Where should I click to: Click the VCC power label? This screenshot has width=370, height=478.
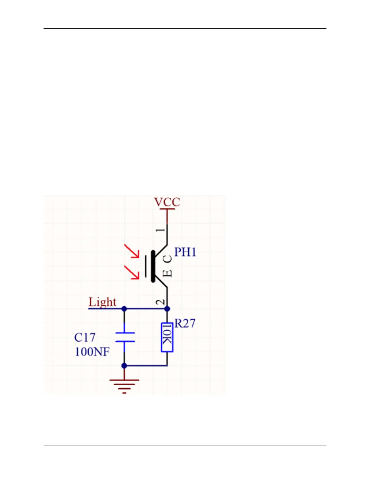[167, 202]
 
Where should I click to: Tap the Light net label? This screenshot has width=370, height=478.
[102, 302]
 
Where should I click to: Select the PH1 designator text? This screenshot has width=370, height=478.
[185, 252]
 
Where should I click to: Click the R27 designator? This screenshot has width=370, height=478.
[185, 323]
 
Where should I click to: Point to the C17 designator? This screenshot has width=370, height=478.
[85, 337]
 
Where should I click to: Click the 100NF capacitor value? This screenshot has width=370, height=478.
[92, 352]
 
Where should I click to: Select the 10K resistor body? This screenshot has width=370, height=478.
[167, 337]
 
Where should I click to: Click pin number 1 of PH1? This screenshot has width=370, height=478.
[162, 230]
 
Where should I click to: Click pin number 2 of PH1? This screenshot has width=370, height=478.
[162, 302]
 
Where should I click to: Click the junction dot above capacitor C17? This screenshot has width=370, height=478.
[124, 309]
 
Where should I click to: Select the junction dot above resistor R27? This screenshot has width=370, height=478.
[167, 309]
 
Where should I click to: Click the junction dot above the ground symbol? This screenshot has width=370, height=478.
[124, 366]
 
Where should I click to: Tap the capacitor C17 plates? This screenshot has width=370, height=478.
[125, 337]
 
